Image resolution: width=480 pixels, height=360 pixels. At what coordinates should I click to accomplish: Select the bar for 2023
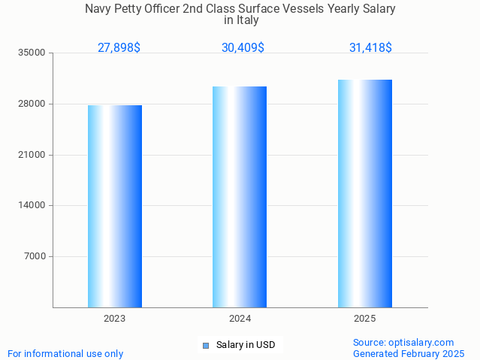point(115,206)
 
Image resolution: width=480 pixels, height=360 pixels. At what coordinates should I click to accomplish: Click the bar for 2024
point(240,197)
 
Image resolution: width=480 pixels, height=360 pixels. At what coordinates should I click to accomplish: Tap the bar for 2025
point(365,193)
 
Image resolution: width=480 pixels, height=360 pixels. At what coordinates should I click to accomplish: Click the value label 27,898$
point(119,48)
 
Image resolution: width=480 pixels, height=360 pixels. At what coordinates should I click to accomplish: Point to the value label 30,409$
point(243,48)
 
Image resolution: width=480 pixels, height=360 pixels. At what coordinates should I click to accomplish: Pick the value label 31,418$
point(370,48)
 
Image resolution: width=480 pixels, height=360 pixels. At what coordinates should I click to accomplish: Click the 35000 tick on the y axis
point(33,53)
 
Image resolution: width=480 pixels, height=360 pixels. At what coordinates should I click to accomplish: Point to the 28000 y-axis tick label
point(33,104)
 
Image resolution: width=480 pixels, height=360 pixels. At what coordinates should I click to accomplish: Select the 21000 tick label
point(33,155)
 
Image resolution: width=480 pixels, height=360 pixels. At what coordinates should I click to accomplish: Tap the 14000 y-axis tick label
point(33,205)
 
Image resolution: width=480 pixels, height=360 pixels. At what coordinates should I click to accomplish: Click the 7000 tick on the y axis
point(35,256)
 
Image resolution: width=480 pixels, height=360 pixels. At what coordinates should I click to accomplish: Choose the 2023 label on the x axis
point(115,319)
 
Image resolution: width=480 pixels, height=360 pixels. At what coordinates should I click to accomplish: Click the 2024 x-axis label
point(240,319)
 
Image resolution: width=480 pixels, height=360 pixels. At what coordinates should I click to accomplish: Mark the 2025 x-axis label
point(365,319)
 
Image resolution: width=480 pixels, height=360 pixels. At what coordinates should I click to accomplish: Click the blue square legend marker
point(206,346)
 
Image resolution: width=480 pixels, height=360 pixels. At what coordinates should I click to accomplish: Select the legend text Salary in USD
point(246,346)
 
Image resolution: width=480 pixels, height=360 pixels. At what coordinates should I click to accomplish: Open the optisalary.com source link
point(403,343)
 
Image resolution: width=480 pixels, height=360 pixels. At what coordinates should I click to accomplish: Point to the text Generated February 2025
point(409,353)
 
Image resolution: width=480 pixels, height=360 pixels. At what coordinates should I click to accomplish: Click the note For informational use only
point(65,353)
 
